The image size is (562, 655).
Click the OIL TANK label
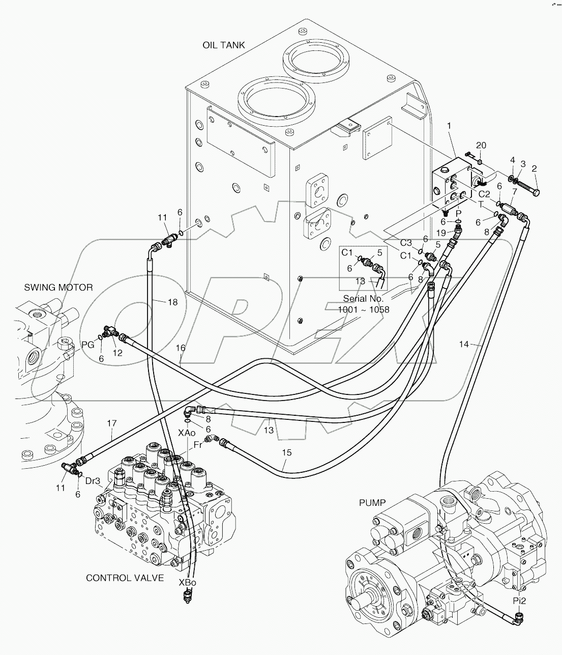pos(224,45)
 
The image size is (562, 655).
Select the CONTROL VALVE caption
pos(125,578)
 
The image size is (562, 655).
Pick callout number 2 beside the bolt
pos(534,168)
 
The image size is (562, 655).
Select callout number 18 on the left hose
pos(172,302)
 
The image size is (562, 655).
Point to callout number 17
pos(112,423)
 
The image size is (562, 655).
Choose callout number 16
pos(181,348)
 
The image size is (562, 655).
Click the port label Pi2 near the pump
pos(519,601)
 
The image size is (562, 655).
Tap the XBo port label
pos(187,583)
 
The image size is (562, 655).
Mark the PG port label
pos(87,345)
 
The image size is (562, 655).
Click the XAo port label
pos(187,433)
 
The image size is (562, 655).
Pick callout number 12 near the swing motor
pos(117,353)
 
